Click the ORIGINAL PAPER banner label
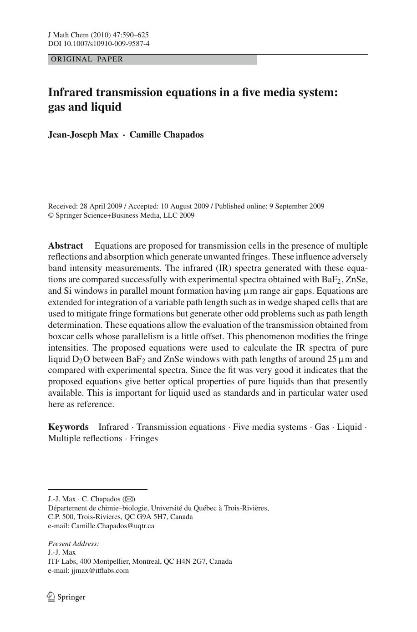[x=87, y=59]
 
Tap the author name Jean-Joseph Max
[x=83, y=135]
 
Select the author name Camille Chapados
[x=167, y=135]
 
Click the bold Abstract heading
[x=66, y=246]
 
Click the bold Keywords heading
[x=68, y=427]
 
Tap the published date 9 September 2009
[x=297, y=206]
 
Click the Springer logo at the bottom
[x=66, y=597]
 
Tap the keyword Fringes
[x=144, y=438]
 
